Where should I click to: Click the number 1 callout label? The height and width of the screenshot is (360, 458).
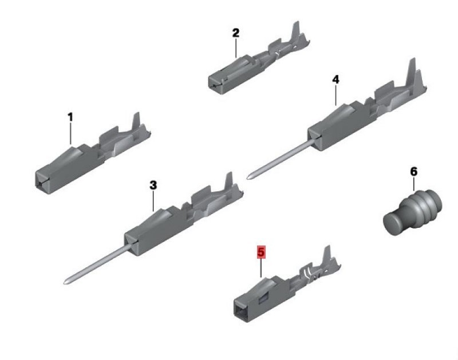[x=70, y=117]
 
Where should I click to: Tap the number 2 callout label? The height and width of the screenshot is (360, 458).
[x=236, y=33]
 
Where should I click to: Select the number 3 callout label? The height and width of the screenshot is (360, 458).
[x=153, y=185]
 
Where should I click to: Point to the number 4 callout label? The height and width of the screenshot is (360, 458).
[x=336, y=80]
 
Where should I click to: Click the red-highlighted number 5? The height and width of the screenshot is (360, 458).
[x=261, y=252]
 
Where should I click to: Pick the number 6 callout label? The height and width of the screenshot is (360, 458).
[x=413, y=172]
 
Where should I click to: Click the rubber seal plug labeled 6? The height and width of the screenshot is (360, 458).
[x=412, y=212]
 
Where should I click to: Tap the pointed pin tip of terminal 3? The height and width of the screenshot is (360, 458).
[x=65, y=282]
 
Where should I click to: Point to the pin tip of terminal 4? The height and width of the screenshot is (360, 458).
[x=249, y=177]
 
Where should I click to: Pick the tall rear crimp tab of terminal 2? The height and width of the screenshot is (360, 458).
[x=296, y=32]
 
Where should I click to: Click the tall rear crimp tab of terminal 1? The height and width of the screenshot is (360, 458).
[x=136, y=122]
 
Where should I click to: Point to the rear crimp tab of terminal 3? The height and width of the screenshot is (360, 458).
[x=228, y=181]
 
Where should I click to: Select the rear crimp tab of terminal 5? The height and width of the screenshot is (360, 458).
[x=326, y=255]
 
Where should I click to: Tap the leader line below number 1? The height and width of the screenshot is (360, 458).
[x=70, y=133]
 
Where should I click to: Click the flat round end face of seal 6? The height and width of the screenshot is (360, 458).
[x=393, y=223]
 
